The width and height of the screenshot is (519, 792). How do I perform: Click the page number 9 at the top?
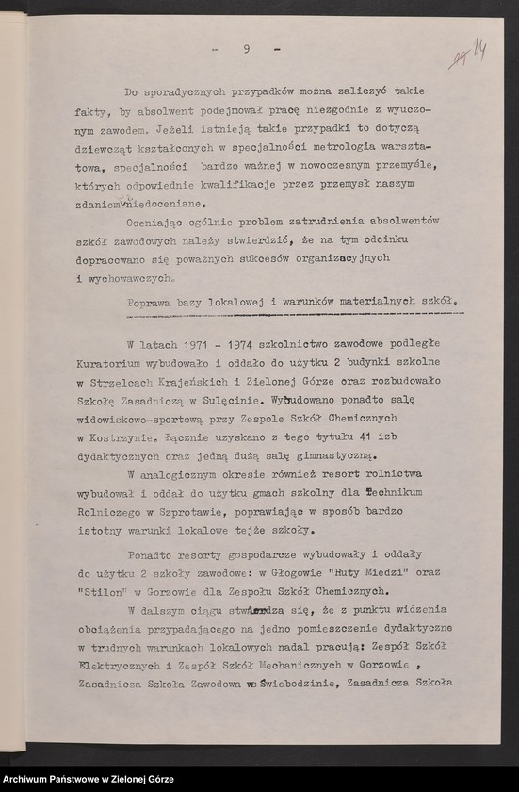(x=245, y=49)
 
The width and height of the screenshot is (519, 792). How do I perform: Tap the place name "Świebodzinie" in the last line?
(x=299, y=683)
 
